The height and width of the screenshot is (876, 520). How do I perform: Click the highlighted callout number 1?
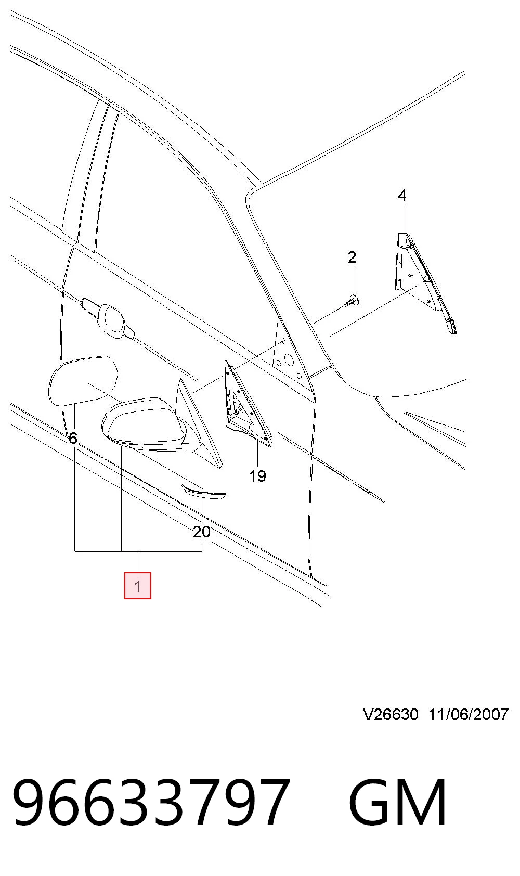pos(138,585)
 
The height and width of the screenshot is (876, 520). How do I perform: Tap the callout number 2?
pos(352,257)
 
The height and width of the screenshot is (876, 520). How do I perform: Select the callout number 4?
pos(402,195)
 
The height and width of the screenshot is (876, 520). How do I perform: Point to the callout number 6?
pos(73,438)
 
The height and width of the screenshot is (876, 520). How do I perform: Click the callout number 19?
pos(257,476)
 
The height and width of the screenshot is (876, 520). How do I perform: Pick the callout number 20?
pos(202,532)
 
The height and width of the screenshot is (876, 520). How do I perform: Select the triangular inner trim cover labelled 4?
pos(424,281)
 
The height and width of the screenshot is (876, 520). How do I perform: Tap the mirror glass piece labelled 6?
pos(83,379)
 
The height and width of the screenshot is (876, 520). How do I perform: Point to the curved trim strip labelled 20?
pos(204,492)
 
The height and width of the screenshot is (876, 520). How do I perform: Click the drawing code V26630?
pos(391,715)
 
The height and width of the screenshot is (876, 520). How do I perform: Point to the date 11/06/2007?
pos(469,715)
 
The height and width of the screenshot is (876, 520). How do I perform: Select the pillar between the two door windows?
pos(94,176)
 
